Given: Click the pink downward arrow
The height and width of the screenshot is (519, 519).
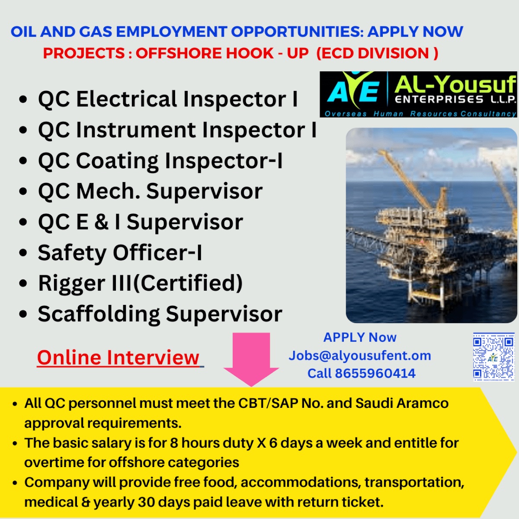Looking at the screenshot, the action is point(251,358).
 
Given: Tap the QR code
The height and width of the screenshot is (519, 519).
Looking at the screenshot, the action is point(493,357).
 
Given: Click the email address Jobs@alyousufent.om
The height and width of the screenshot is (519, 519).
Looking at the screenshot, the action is point(360,356).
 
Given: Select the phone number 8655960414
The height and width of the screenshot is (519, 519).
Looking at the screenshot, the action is point(375,373).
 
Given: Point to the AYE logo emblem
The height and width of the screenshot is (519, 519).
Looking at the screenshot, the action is point(354,89).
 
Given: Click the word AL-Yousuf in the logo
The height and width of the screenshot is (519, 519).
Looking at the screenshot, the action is point(455,84).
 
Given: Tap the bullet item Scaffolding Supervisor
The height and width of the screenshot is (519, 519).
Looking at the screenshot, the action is point(160,314).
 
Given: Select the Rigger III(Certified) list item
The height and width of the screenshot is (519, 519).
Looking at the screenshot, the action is point(140,283).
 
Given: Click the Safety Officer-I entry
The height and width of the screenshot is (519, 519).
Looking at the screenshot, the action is point(120,253).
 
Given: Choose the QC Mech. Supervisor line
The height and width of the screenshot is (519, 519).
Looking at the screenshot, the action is point(150,192).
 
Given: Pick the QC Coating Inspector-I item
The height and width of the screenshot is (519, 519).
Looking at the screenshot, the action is point(160,161).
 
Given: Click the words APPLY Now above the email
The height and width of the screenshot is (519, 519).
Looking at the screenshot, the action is point(360,337).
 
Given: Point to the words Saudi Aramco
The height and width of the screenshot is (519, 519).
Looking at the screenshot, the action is point(402,403).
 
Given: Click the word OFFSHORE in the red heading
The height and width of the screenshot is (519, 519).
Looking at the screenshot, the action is point(205,53).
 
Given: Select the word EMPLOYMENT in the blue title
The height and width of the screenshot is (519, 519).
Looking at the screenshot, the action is point(171,32).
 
